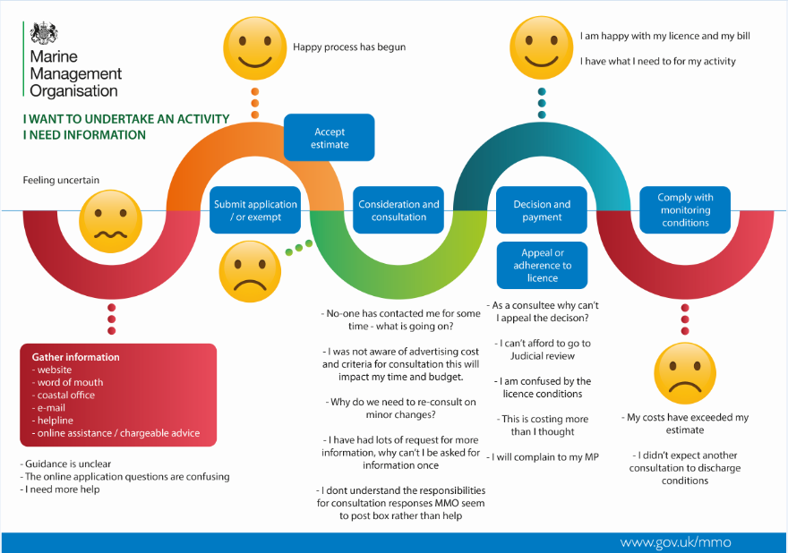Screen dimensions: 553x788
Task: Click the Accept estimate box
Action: [x=329, y=138]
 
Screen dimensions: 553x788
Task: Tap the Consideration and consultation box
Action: [x=398, y=210]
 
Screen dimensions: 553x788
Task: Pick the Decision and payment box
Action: [x=542, y=210]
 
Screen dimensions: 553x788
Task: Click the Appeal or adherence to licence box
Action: [x=542, y=265]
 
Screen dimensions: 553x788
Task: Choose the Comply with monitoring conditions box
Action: [x=685, y=210]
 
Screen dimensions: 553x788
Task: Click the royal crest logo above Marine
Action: [x=43, y=34]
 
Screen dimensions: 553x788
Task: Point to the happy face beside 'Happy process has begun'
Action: [x=255, y=45]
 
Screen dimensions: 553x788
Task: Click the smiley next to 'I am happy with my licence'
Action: [x=541, y=46]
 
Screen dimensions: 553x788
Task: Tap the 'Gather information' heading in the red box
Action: [x=75, y=357]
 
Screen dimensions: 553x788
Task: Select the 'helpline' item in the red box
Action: [x=56, y=421]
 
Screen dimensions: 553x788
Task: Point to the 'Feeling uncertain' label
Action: [x=61, y=180]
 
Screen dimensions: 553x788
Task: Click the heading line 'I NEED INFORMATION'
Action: [x=84, y=135]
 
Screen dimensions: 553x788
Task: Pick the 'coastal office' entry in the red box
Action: [x=65, y=395]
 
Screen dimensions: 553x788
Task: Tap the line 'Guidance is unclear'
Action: [x=68, y=464]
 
